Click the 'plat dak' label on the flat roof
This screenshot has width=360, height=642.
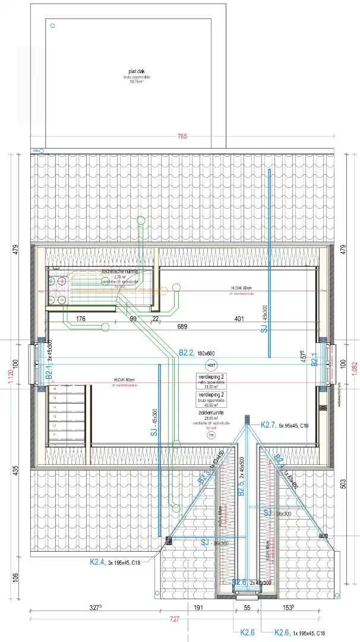(128, 71)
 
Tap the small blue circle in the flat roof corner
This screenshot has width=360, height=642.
(53, 26)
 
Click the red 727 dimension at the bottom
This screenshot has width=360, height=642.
(174, 619)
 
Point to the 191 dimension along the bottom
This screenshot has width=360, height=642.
(199, 608)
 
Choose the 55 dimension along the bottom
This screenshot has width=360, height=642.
(247, 608)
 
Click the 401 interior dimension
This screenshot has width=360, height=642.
(239, 319)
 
